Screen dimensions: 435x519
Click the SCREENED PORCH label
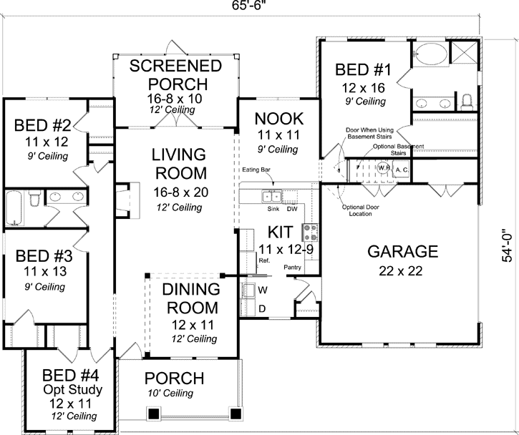coord(175,75)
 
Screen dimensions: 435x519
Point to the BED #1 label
coord(363,70)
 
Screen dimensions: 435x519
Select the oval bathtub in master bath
coord(431,54)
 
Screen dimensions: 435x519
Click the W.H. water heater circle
coord(383,168)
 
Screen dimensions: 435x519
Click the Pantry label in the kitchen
coord(291,267)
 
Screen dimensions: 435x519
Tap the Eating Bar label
coord(256,171)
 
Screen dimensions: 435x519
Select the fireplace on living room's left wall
coord(126,199)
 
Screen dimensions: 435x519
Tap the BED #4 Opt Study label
coord(72,383)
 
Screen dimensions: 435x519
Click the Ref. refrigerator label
coord(263,262)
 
